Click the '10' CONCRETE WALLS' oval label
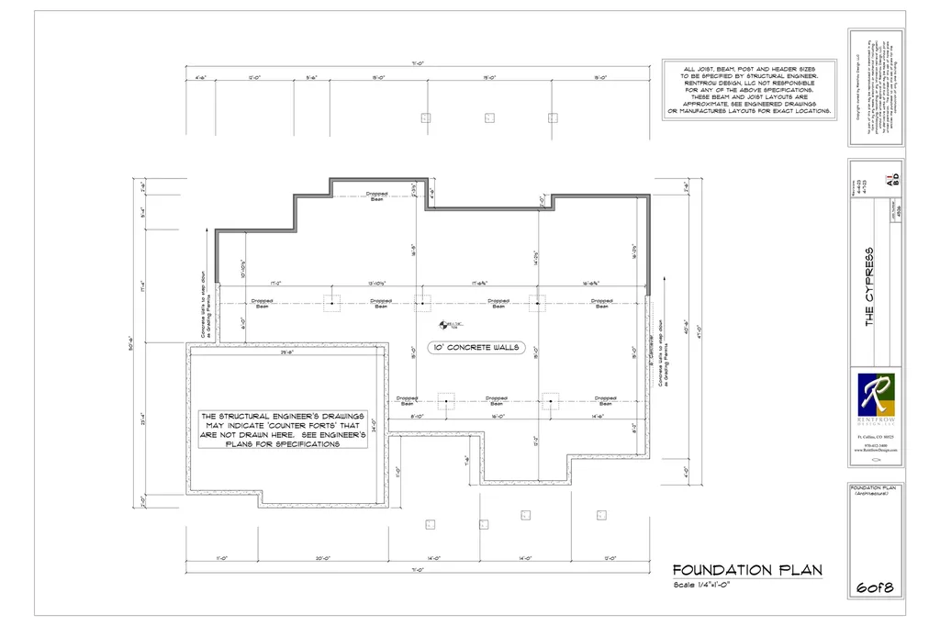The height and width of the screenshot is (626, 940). coord(474,348)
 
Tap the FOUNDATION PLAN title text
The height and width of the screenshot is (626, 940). coord(746,570)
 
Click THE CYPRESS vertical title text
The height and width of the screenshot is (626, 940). coord(868,285)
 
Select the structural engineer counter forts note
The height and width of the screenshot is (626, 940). coord(284,430)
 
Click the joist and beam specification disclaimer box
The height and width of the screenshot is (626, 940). coord(748,90)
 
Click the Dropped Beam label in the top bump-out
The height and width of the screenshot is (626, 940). coord(377,196)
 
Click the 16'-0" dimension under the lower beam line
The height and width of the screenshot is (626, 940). coord(498,417)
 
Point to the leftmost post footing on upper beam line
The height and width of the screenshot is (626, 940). coord(331,301)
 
